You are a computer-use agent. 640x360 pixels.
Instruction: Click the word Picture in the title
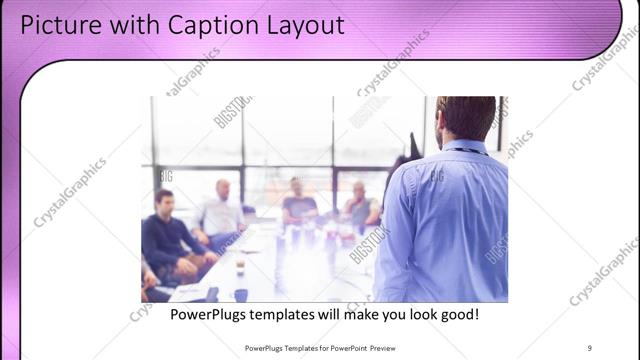(56, 24)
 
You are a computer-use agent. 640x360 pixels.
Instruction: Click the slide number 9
(590, 348)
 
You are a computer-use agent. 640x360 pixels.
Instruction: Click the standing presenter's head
(466, 117)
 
